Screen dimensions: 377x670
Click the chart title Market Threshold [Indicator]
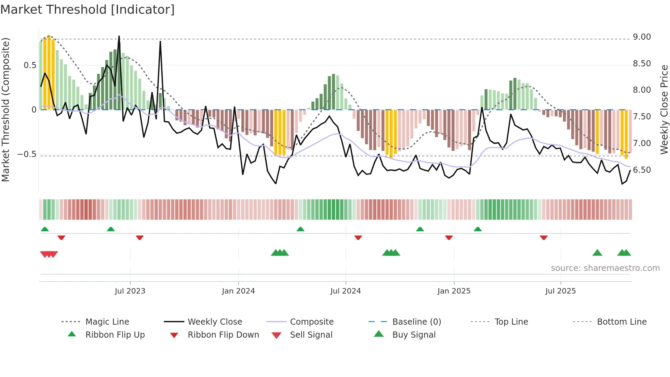pos(88,10)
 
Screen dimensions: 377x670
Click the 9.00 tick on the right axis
pos(642,37)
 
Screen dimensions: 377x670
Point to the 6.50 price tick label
pos(642,170)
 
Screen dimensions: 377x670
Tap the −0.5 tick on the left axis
pos(27,154)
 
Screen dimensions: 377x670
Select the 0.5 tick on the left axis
pos(30,65)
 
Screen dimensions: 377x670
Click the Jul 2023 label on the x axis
pos(130,291)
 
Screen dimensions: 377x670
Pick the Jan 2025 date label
pos(454,291)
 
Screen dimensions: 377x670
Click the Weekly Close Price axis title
pos(664,109)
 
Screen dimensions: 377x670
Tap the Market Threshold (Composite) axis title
pos(5,109)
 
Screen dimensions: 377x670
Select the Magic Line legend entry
pos(107,322)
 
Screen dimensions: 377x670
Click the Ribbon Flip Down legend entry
pos(223,335)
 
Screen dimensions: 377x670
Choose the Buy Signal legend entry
pos(414,335)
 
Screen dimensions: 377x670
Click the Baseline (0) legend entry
pos(416,322)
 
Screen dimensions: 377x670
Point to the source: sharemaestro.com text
pos(605,268)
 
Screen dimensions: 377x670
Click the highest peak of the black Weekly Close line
pos(119,36)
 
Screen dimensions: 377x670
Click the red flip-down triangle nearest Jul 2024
pos(358,237)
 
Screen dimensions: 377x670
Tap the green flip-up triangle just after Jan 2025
pos(478,229)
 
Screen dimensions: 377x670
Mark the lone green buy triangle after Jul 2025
pos(597,253)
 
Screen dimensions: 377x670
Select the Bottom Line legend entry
pos(621,322)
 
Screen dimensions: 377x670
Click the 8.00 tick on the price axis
pos(642,90)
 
